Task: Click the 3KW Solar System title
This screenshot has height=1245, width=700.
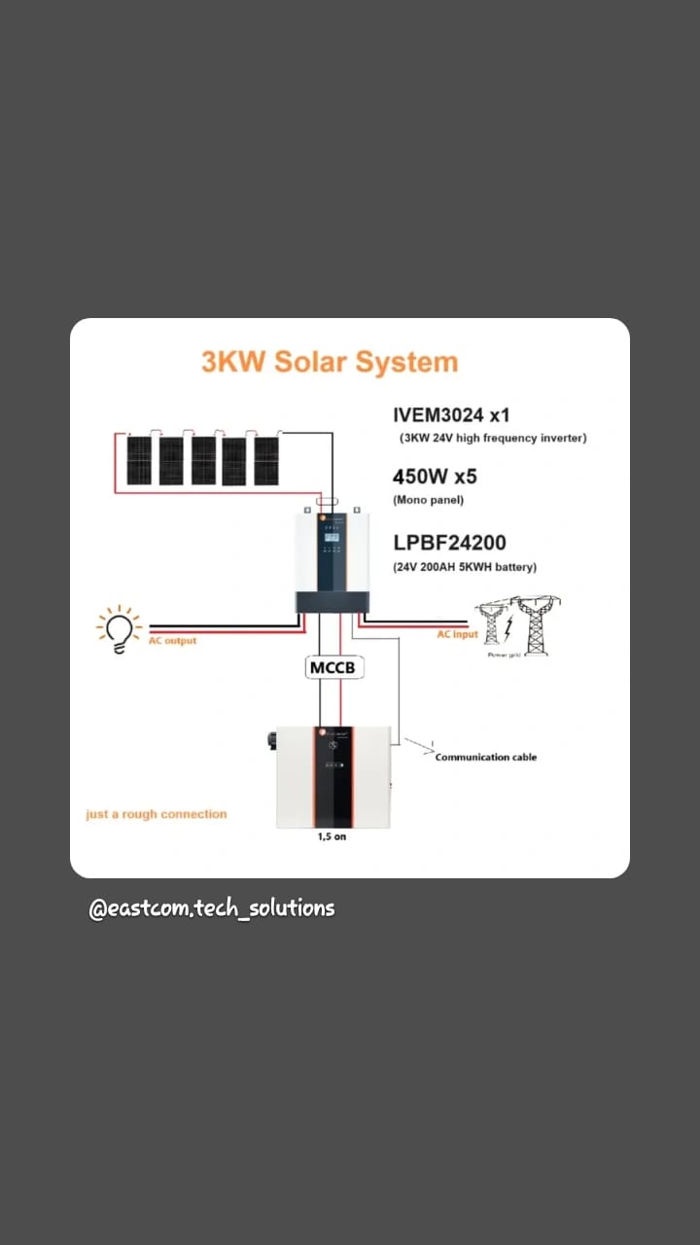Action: (x=329, y=362)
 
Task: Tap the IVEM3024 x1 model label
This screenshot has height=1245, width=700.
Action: (x=451, y=415)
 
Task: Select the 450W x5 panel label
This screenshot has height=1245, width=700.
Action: (x=435, y=477)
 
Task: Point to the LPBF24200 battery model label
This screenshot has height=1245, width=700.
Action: (x=449, y=542)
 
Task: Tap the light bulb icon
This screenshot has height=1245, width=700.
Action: (x=120, y=629)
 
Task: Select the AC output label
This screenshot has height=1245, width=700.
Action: (x=172, y=641)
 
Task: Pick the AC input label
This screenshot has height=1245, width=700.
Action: (x=457, y=634)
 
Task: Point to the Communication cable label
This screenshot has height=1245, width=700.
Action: (x=485, y=757)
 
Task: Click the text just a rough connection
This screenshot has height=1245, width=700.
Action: (x=156, y=814)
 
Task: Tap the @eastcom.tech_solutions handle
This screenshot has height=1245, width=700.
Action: (x=212, y=908)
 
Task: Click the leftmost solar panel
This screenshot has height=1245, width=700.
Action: (x=139, y=460)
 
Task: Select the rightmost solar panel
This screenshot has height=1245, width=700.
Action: (x=266, y=460)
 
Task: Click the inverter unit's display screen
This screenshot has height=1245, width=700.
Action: (x=331, y=533)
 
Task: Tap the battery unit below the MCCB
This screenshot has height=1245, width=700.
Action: (x=333, y=777)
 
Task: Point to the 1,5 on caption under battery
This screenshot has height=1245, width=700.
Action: (x=332, y=836)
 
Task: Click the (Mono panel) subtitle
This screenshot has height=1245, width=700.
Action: (x=428, y=500)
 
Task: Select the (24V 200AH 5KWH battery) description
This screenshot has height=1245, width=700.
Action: (x=465, y=566)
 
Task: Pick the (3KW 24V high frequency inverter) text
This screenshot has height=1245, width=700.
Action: (x=493, y=439)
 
